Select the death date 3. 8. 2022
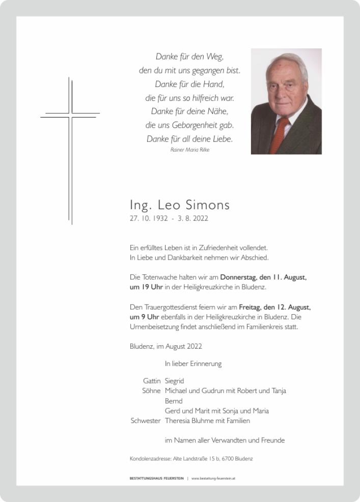click(193, 219)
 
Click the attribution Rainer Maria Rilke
click(190, 150)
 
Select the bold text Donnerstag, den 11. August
click(263, 277)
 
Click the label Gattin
click(152, 381)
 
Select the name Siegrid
click(174, 381)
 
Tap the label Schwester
click(146, 421)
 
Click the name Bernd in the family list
click(174, 401)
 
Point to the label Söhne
click(151, 391)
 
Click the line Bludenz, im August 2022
click(166, 346)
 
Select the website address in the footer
click(213, 479)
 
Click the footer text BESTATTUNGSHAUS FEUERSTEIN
click(157, 479)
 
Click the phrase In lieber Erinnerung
click(193, 364)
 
